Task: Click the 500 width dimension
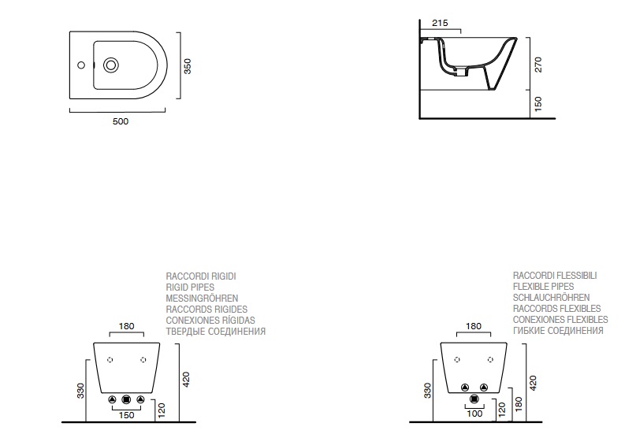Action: tap(119, 121)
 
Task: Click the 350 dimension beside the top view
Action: tap(188, 65)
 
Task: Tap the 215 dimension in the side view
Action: tap(441, 24)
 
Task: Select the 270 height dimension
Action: tap(538, 65)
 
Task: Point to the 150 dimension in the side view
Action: tap(538, 104)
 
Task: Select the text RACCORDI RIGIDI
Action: tap(201, 276)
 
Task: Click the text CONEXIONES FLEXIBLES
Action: tap(560, 320)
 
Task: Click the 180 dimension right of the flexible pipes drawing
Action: tap(518, 402)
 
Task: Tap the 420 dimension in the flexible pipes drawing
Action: tap(533, 383)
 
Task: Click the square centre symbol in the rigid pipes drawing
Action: tap(126, 399)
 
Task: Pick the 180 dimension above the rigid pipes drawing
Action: tap(126, 326)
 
